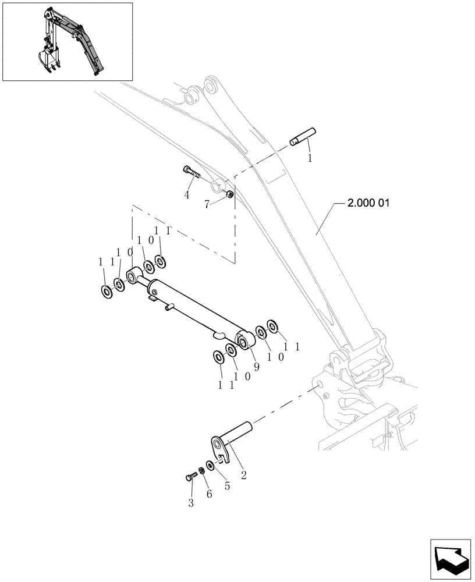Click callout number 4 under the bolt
pos(187,195)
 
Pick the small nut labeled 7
pos(230,194)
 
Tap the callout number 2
pos(243,475)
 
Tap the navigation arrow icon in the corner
pos(450,558)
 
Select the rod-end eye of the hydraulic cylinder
pos(133,274)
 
